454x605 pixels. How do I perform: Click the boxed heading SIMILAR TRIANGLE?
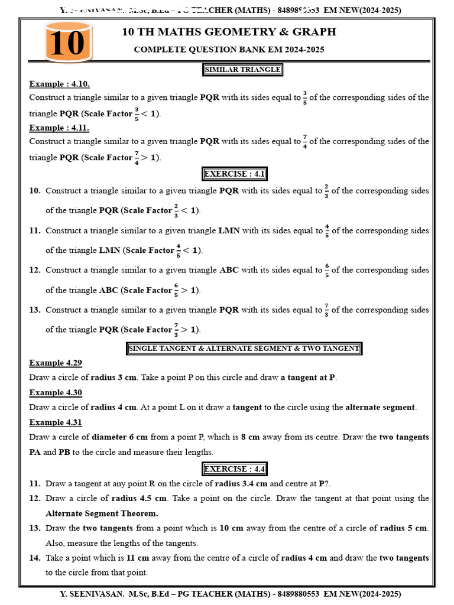click(242, 70)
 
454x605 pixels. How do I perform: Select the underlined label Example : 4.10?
click(59, 84)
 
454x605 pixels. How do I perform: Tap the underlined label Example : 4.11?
click(59, 128)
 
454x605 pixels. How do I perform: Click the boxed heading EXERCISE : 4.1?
click(235, 174)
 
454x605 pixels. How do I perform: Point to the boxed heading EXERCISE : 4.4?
click(235, 469)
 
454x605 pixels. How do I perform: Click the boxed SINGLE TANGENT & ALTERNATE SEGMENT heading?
click(244, 349)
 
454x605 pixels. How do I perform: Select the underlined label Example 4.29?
click(56, 363)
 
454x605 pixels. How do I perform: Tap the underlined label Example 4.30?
click(56, 392)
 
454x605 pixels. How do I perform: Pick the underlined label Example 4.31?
click(56, 422)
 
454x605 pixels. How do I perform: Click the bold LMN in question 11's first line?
click(229, 231)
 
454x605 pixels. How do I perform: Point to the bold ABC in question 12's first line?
click(229, 270)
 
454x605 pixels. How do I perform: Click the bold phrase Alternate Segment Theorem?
click(102, 513)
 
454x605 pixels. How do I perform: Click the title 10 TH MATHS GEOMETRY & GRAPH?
click(229, 32)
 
